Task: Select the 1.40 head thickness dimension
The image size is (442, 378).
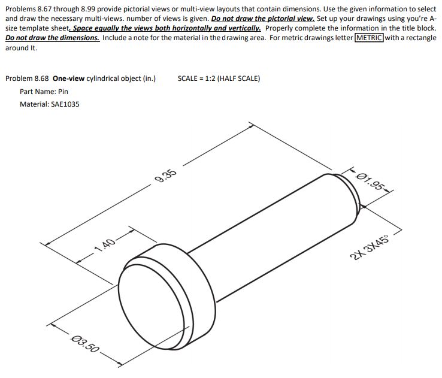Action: point(105,244)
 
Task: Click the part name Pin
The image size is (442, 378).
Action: point(62,92)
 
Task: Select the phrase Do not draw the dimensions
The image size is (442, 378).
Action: point(52,38)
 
